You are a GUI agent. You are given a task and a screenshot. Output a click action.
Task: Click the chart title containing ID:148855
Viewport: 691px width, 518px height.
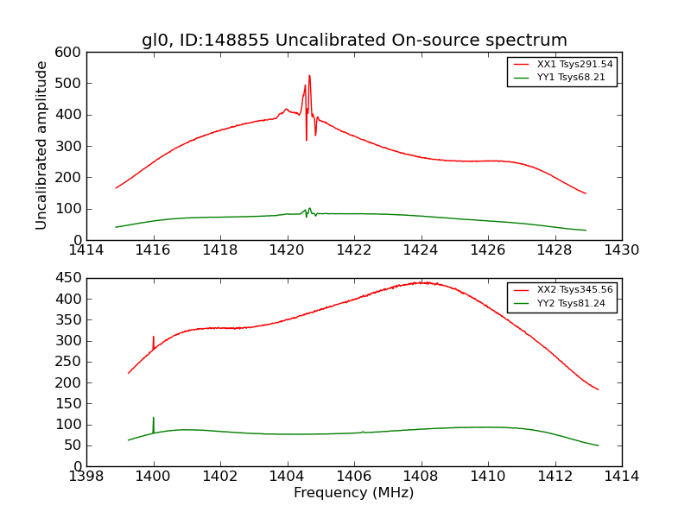(x=354, y=41)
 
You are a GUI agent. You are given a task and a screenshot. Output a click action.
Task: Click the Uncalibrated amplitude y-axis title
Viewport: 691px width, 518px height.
(x=41, y=145)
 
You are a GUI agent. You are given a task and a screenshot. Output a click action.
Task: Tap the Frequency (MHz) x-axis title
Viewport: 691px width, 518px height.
(x=353, y=493)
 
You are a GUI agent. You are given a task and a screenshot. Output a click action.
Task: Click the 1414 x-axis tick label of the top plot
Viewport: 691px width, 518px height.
(x=86, y=250)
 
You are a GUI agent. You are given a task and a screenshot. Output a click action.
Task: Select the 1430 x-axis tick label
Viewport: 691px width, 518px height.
(x=621, y=250)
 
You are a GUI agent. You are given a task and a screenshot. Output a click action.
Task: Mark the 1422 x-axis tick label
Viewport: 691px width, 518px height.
(x=353, y=250)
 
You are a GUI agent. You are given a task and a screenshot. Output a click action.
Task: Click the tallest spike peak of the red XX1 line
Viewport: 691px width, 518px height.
(x=309, y=76)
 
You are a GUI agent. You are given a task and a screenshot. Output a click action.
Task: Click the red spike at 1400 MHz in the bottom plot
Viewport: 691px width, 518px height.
(x=154, y=338)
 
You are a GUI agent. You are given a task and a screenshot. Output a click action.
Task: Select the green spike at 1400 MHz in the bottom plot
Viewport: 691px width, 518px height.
(x=154, y=419)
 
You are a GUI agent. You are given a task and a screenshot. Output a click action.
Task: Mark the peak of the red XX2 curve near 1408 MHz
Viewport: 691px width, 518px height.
(x=422, y=282)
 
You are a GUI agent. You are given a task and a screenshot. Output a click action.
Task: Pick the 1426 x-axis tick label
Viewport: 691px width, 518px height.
(x=487, y=250)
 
